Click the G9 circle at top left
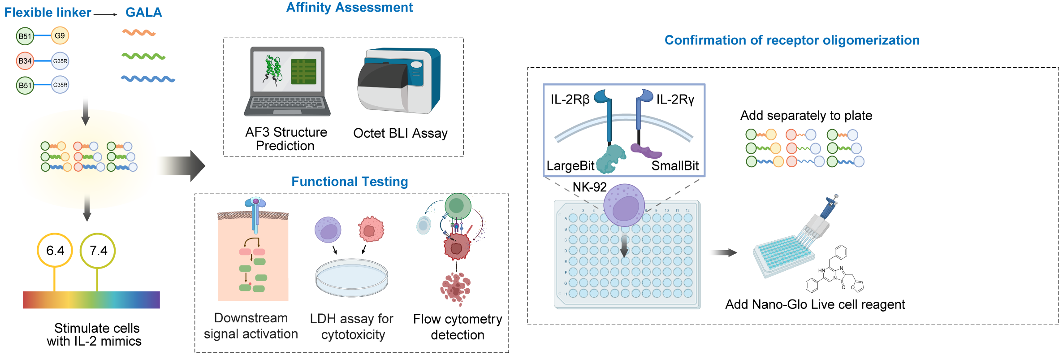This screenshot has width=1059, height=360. tap(60, 36)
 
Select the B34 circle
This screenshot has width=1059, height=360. tap(25, 61)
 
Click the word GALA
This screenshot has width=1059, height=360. tap(143, 13)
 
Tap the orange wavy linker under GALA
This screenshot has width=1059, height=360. tap(138, 33)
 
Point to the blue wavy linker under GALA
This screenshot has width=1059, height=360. tap(148, 79)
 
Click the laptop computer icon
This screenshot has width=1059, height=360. tap(287, 82)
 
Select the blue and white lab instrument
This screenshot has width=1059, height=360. tap(399, 81)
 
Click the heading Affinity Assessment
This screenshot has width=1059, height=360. tap(350, 8)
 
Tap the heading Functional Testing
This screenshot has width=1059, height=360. tap(350, 182)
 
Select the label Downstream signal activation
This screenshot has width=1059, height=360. tap(251, 326)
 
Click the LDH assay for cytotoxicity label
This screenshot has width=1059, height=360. tap(352, 326)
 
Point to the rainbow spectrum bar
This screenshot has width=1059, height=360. tap(91, 299)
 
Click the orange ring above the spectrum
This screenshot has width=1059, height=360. tap(55, 250)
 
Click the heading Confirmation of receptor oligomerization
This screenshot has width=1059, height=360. tap(792, 40)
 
